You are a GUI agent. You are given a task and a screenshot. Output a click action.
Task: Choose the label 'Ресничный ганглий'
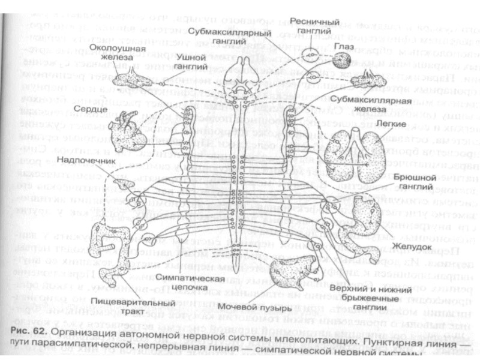307,25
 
